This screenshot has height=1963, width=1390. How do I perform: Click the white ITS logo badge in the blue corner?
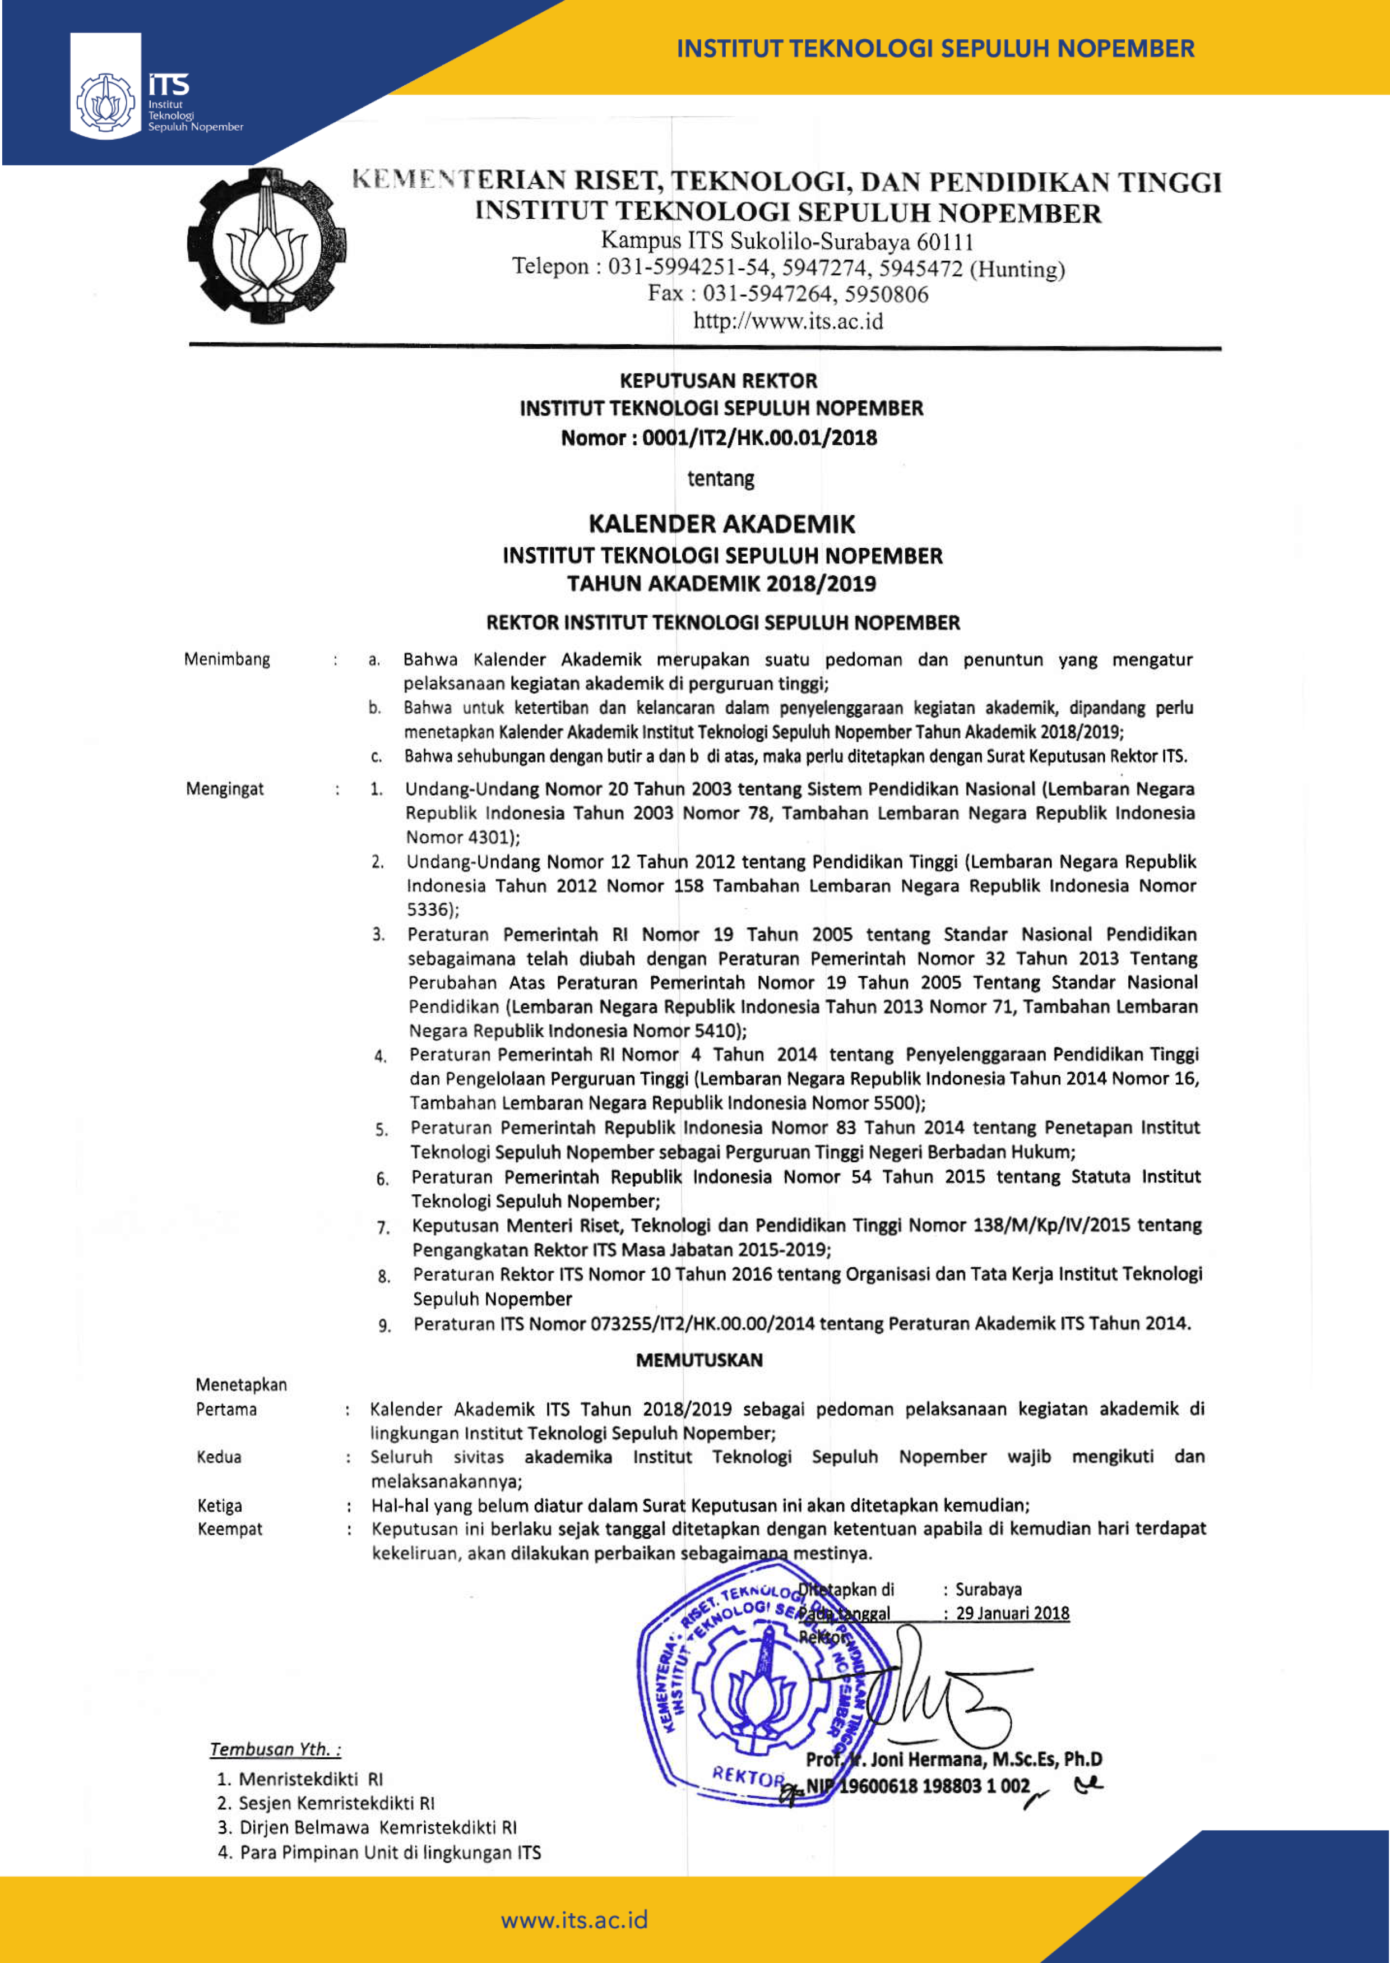(105, 86)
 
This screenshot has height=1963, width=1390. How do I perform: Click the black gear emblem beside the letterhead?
(266, 246)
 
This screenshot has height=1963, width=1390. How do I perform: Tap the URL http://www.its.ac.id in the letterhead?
(787, 322)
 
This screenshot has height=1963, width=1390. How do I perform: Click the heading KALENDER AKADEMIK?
(721, 524)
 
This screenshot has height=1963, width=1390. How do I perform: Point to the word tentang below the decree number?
(721, 478)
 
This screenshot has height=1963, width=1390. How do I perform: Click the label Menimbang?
(227, 659)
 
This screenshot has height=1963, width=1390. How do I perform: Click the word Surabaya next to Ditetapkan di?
(989, 1590)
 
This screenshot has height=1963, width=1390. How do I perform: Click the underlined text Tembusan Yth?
(275, 1749)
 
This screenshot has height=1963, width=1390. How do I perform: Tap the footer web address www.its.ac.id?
(574, 1920)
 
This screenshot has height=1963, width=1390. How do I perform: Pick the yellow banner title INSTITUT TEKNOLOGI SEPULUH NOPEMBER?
(935, 49)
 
